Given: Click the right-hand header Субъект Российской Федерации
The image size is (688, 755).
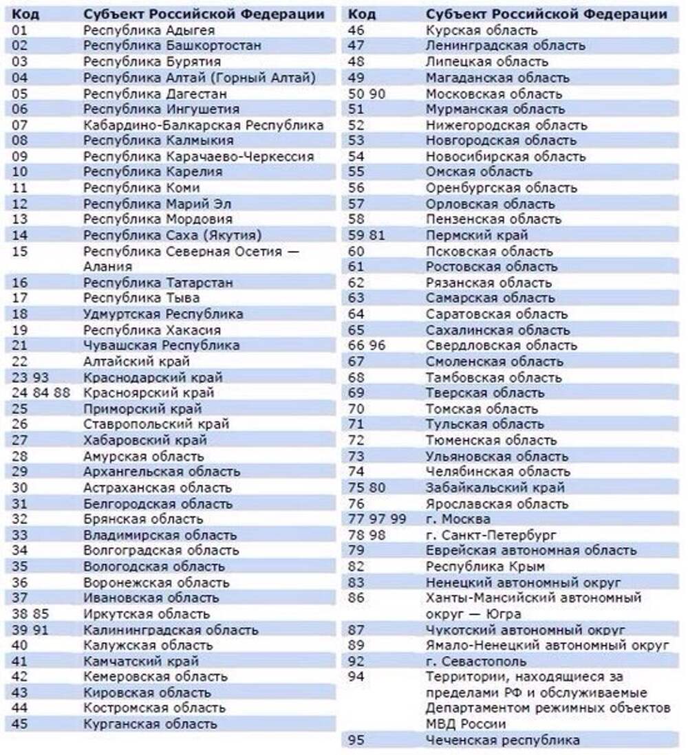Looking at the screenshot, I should (546, 14).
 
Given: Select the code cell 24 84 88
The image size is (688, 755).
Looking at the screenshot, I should (41, 393).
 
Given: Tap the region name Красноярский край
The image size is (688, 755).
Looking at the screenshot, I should (149, 393).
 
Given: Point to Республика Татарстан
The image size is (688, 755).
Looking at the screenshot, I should (158, 283).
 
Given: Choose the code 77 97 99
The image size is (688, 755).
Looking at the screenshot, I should (377, 518).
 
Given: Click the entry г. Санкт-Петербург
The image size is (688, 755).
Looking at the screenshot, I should (491, 534).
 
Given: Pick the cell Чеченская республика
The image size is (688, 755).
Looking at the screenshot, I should (502, 740).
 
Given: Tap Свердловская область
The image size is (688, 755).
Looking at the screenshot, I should (502, 345).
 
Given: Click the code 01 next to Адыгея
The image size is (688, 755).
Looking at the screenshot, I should (20, 30).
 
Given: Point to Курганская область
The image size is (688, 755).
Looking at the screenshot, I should (150, 723).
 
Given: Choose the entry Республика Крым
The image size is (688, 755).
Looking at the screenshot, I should (485, 566).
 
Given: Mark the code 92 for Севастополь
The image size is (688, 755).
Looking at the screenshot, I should (356, 661).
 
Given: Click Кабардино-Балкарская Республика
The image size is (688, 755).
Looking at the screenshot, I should (203, 125).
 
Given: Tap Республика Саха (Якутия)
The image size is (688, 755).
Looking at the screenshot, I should (173, 235).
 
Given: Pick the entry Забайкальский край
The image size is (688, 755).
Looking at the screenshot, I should (495, 488).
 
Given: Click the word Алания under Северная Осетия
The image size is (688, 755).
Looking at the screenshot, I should (108, 266).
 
